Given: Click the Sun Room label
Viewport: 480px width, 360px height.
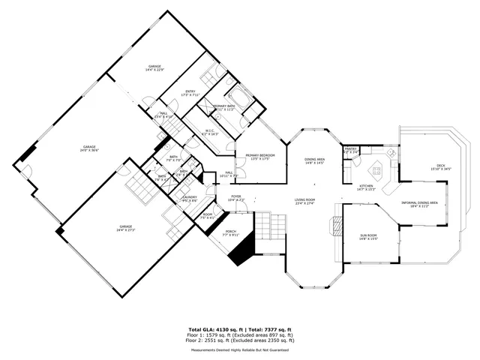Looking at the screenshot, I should tap(367, 238).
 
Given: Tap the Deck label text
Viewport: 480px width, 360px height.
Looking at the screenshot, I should tap(441, 167).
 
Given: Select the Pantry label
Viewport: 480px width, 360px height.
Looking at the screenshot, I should tap(350, 150).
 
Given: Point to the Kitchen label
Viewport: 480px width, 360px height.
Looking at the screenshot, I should tap(366, 187).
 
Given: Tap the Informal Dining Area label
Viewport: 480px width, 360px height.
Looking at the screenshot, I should tap(420, 204).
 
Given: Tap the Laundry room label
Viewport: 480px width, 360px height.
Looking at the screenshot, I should tap(190, 199).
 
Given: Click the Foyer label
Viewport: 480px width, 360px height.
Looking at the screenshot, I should tap(235, 198).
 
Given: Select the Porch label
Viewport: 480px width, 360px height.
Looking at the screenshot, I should tap(232, 232).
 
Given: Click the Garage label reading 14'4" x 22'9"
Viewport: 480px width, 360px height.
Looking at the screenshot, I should tap(155, 68).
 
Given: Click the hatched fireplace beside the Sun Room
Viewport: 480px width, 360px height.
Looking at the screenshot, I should tap(334, 226).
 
